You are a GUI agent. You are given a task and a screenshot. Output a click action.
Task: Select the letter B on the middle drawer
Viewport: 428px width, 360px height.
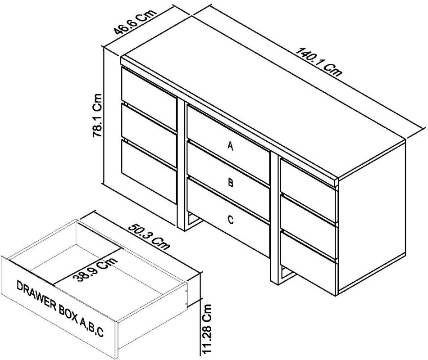pyautogui.click(x=231, y=183)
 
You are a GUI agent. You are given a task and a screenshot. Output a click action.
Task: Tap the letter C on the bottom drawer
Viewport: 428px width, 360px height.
pyautogui.click(x=231, y=220)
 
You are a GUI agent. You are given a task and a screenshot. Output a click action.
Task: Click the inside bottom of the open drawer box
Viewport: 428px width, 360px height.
pyautogui.click(x=113, y=288)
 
